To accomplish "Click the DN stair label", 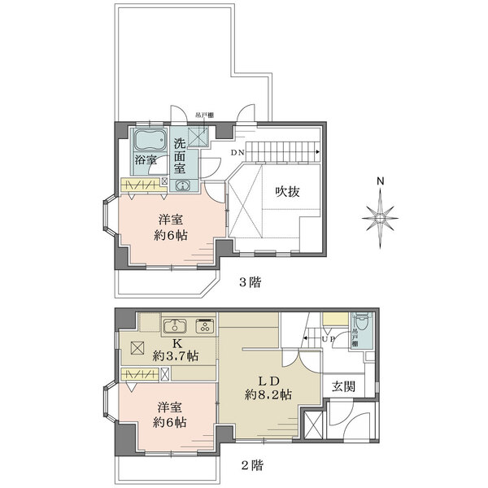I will (x=237, y=153).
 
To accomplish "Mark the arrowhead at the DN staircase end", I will (x=316, y=150).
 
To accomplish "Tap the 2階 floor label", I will (x=251, y=466).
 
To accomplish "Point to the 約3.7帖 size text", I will (x=175, y=356).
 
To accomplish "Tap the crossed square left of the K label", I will (x=136, y=346).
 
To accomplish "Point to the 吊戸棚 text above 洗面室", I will (x=193, y=115).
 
